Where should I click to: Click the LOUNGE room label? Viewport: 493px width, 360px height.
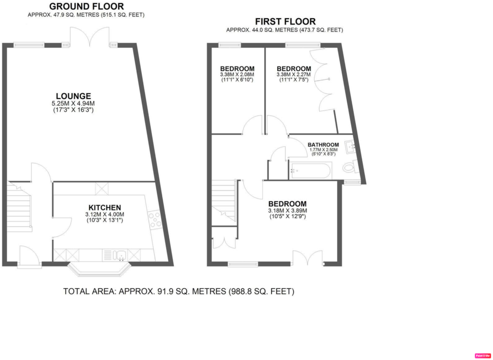click(x=73, y=96)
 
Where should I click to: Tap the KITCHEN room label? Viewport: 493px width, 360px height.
click(x=105, y=208)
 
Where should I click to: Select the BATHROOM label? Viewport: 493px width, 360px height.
click(x=323, y=145)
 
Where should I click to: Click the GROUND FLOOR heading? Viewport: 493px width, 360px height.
click(x=86, y=6)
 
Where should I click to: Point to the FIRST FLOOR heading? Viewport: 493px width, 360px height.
click(x=285, y=22)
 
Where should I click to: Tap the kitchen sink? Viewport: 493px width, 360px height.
click(x=119, y=255)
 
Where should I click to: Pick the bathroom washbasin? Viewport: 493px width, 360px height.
click(x=350, y=147)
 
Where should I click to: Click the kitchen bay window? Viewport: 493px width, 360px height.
click(x=99, y=270)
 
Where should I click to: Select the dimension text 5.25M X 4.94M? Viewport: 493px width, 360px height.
click(x=73, y=103)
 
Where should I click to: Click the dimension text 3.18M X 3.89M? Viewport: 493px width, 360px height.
click(x=288, y=210)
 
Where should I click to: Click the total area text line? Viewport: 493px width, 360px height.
click(x=179, y=291)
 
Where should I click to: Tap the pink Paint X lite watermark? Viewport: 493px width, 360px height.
click(x=483, y=356)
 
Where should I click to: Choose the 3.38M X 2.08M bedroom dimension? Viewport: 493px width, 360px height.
click(x=237, y=74)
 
